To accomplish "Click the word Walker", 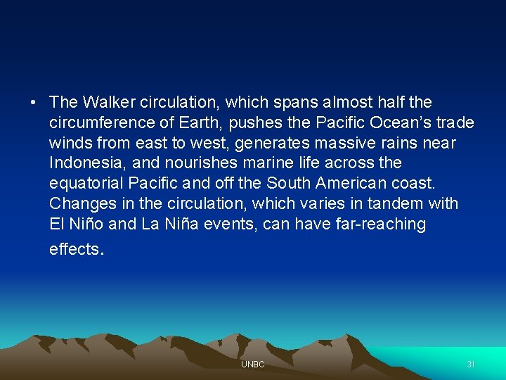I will [x=106, y=103].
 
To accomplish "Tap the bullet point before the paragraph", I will [x=33, y=103].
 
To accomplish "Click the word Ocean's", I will [x=400, y=123].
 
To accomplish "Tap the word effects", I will [x=74, y=248].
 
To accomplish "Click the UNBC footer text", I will [x=252, y=365].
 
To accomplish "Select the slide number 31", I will [x=471, y=365].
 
